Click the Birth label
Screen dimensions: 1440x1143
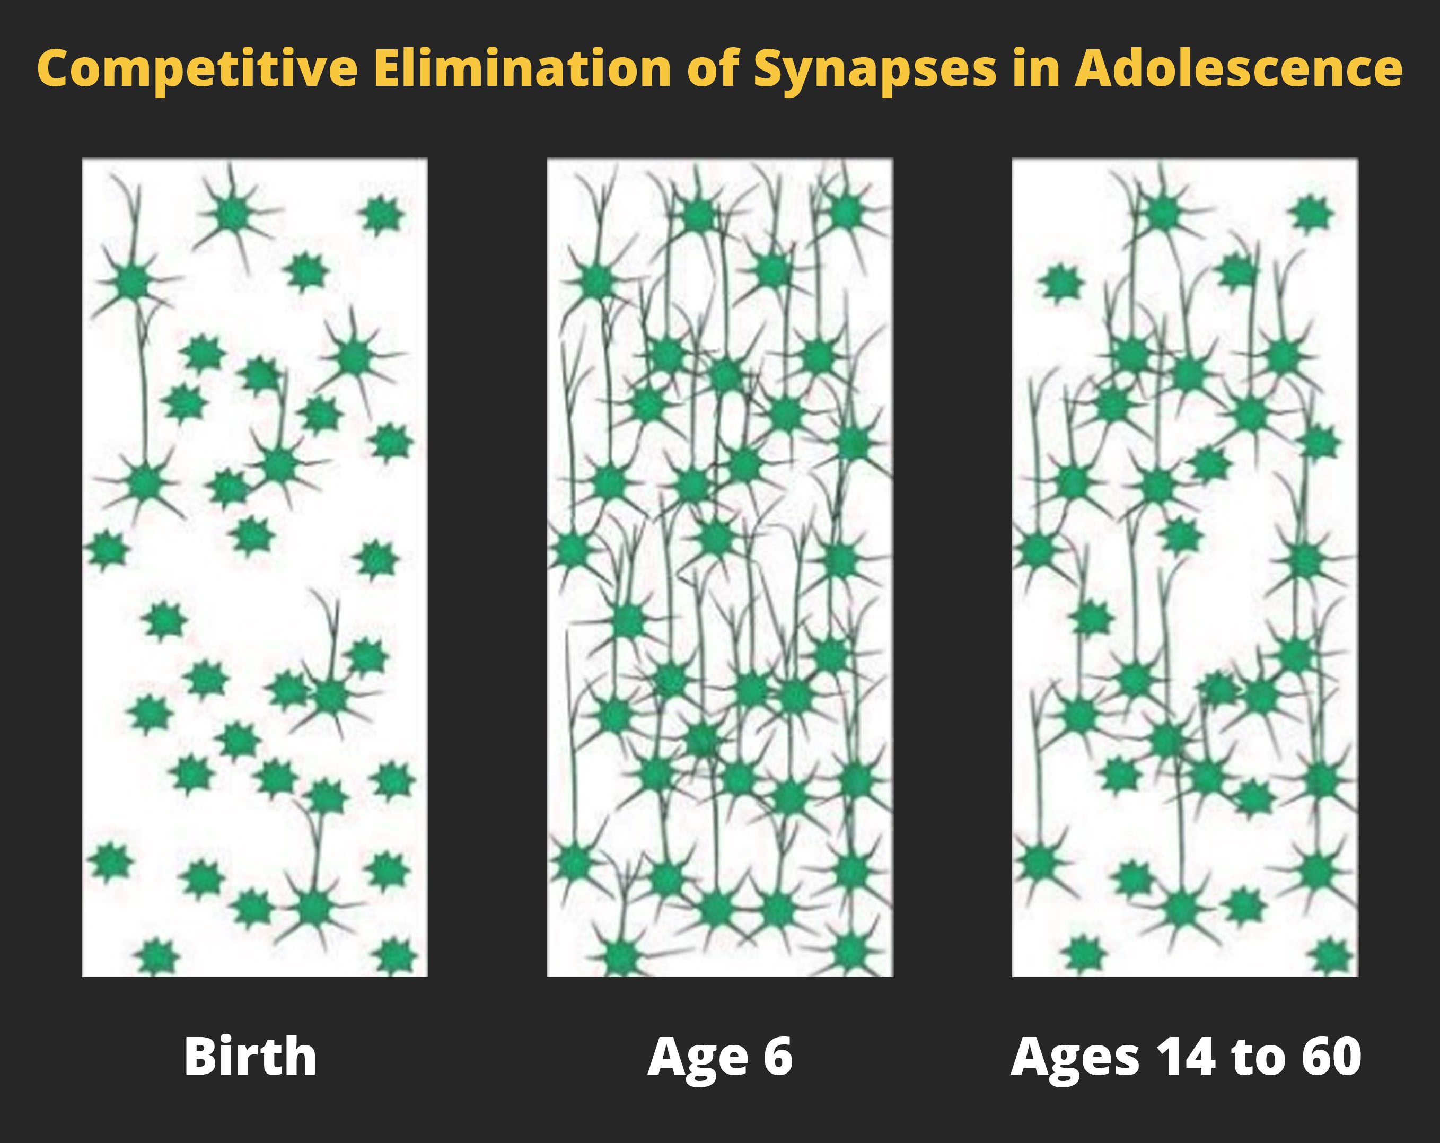(x=250, y=1056)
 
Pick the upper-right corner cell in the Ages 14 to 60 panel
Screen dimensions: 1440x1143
(x=1311, y=214)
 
